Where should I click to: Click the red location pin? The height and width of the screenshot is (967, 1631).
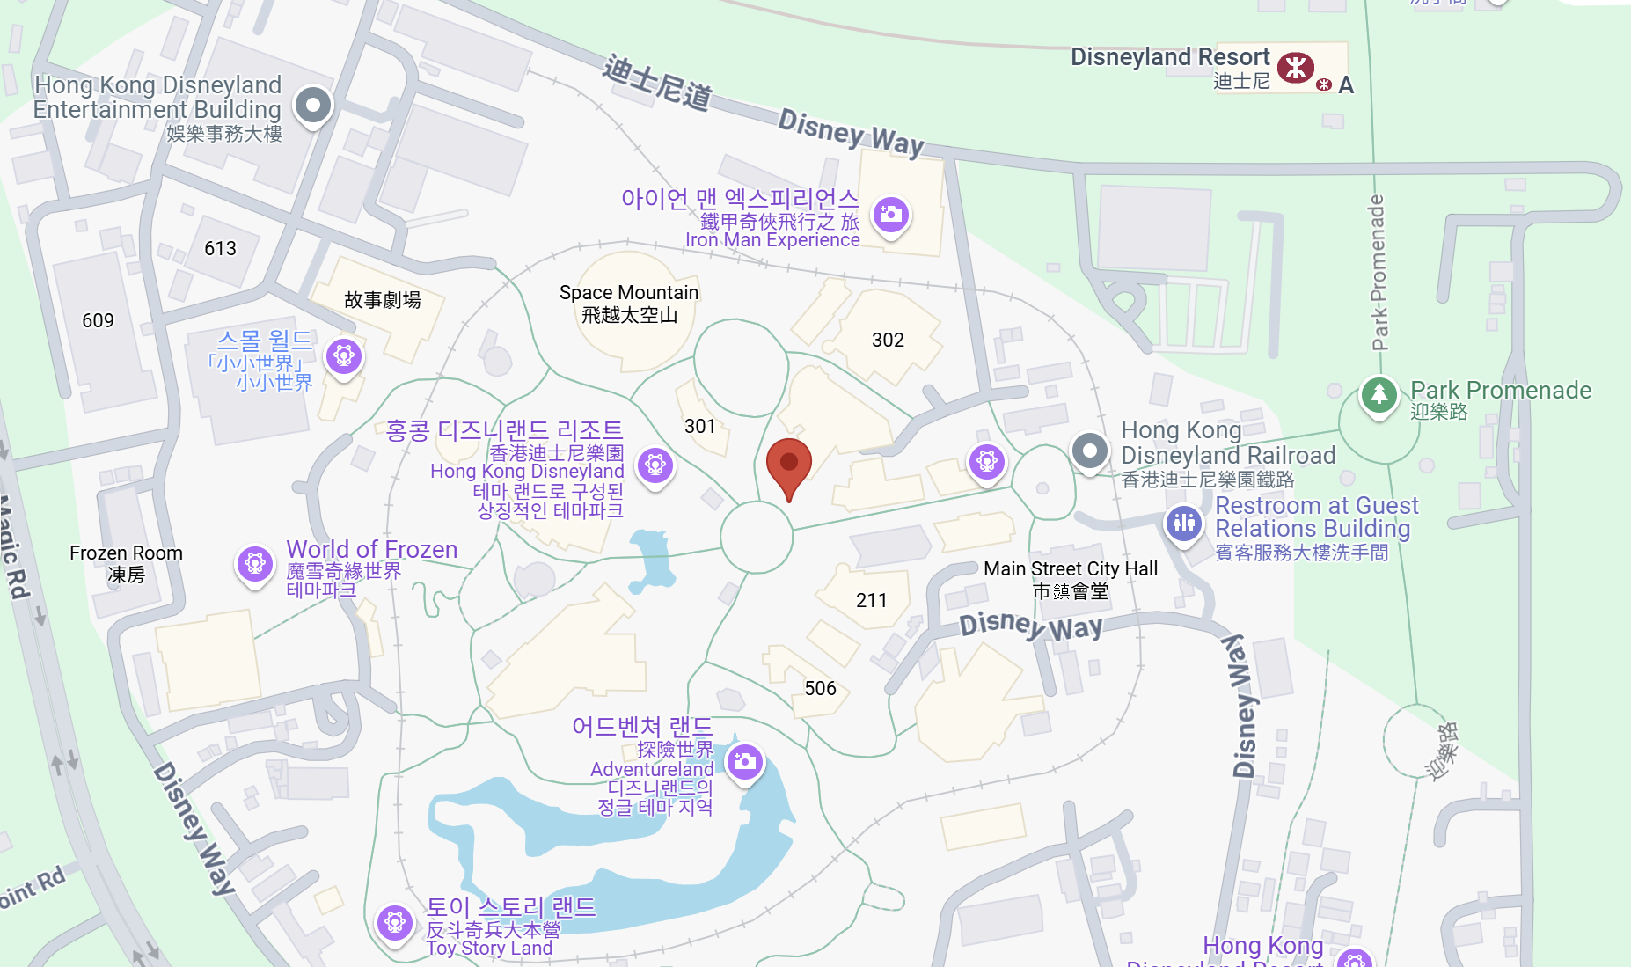coord(789,464)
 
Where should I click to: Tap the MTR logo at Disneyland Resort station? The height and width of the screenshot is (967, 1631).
coord(1295,67)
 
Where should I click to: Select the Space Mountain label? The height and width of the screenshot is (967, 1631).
coord(629,303)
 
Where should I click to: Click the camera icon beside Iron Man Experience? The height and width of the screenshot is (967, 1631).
coord(890,214)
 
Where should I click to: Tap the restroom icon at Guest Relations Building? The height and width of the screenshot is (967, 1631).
coord(1184,523)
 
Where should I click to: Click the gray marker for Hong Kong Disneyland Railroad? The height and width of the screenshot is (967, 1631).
coord(1090,451)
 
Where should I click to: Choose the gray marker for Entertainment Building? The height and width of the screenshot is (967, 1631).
coord(313,105)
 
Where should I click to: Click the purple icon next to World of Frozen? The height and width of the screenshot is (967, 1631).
coord(255,563)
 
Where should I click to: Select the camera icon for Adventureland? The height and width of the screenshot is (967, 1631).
coord(745,761)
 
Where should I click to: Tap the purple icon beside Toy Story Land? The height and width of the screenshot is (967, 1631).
coord(394,922)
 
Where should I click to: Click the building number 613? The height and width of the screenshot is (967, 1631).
coord(220,248)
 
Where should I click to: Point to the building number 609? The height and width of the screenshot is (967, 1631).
coord(98,320)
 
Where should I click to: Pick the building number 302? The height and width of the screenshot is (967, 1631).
coord(888,340)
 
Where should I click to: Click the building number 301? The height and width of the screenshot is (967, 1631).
coord(700,426)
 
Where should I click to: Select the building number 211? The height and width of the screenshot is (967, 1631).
coord(871,600)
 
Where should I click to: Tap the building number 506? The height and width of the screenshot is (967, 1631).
coord(820,688)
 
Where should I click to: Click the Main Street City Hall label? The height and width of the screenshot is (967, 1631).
coord(1071,580)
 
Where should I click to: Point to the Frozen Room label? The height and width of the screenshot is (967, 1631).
coord(126,563)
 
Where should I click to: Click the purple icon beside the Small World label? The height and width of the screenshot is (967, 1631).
coord(344,355)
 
